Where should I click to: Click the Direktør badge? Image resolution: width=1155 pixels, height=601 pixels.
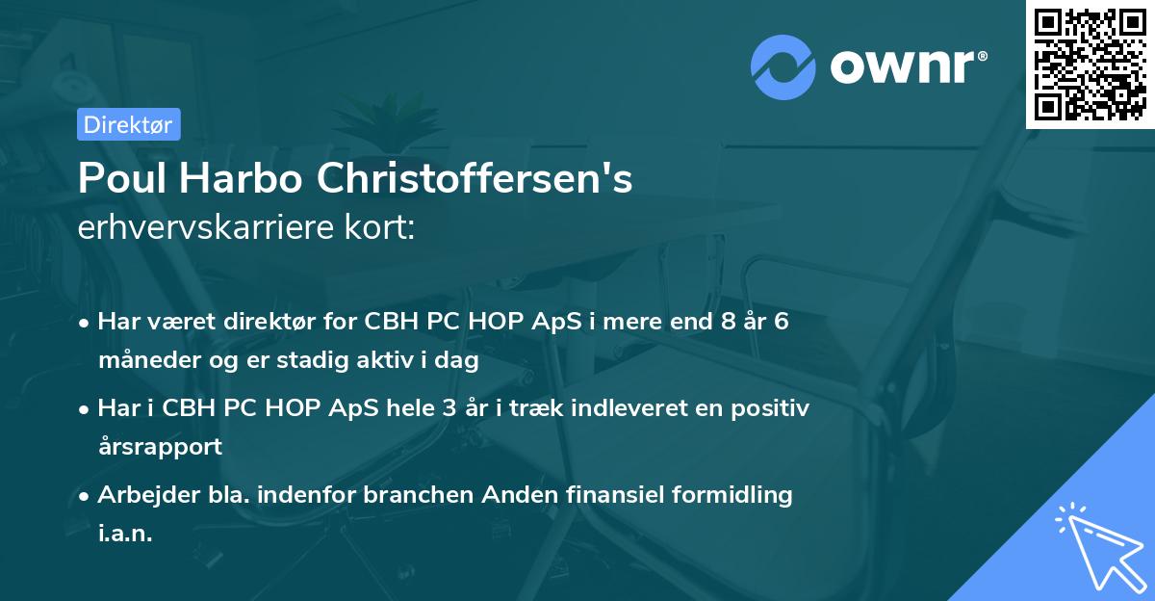(x=128, y=124)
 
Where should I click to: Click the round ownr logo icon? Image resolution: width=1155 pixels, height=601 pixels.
(x=783, y=67)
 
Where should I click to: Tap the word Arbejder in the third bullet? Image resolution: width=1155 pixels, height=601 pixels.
(x=141, y=494)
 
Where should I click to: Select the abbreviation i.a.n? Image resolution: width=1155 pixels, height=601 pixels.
(x=125, y=533)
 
